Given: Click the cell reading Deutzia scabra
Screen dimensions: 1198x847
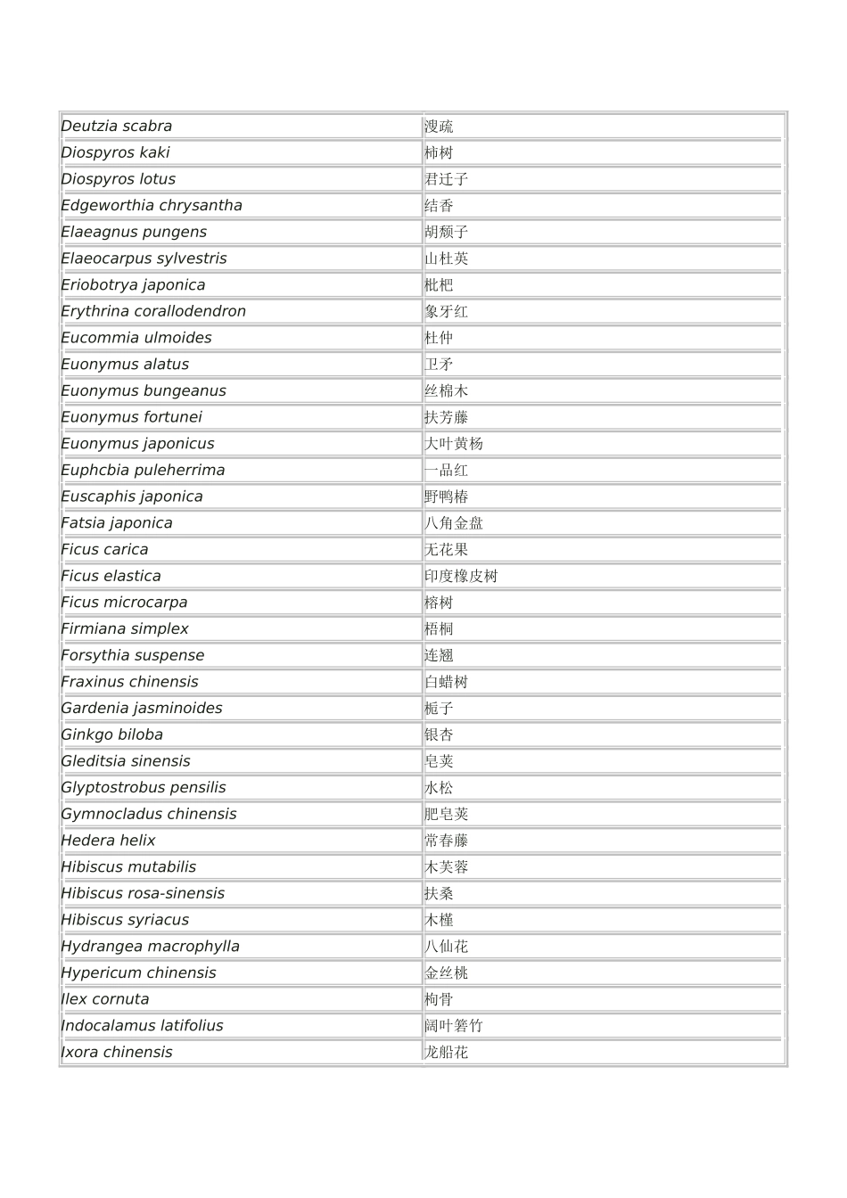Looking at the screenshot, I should click(x=117, y=127).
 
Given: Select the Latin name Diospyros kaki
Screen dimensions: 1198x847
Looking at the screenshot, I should click(x=115, y=152).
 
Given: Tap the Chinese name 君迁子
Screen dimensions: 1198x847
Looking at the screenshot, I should click(x=446, y=179).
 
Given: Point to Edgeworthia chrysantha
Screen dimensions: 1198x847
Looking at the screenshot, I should click(x=152, y=206).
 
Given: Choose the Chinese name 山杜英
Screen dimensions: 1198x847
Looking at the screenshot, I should click(x=446, y=258).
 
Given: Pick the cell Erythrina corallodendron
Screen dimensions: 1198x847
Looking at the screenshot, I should click(x=153, y=312).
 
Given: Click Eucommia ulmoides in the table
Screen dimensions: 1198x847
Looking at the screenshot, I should click(x=136, y=338).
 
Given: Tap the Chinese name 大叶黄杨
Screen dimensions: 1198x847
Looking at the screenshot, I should click(x=453, y=444).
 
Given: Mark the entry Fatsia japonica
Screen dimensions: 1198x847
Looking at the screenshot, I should click(x=117, y=523).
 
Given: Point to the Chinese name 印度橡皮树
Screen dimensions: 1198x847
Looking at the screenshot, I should click(x=461, y=577).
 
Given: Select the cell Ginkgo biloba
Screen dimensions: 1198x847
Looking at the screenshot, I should click(x=112, y=735).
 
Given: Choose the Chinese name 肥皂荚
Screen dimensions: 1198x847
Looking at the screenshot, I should click(x=446, y=815).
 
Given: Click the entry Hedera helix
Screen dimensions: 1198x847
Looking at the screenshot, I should click(x=108, y=841).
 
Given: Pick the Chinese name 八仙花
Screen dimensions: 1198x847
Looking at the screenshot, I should click(x=446, y=947).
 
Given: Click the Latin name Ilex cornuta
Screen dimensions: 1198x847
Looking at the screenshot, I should click(x=105, y=1000).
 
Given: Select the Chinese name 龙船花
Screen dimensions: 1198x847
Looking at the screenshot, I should click(x=446, y=1053).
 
